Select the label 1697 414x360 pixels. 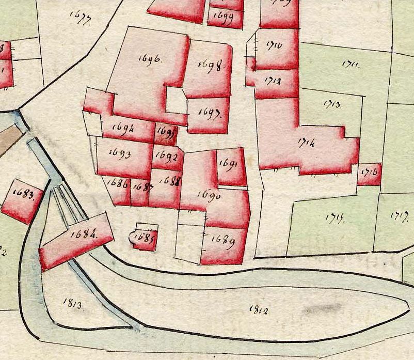point(209,113)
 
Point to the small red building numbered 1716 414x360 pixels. point(370,173)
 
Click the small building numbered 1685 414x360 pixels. point(144,238)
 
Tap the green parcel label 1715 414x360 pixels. point(335,217)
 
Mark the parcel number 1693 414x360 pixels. point(121,154)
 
